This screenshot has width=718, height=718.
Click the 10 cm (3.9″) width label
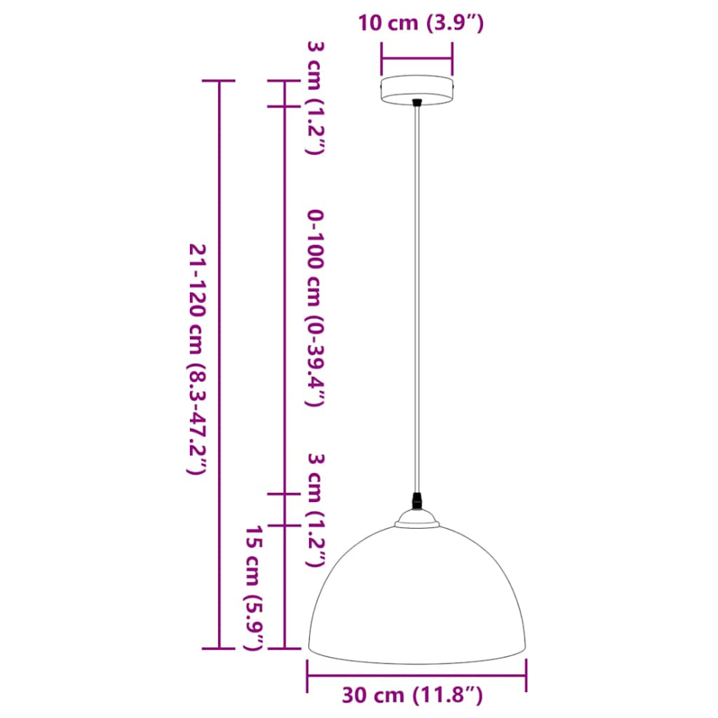tap(420, 23)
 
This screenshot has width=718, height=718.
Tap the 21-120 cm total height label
tap(196, 359)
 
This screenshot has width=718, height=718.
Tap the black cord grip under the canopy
tap(417, 103)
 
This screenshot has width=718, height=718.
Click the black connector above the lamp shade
tap(417, 502)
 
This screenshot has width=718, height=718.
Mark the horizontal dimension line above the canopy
tap(417, 56)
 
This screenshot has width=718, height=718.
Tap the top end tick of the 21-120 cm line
tap(221, 81)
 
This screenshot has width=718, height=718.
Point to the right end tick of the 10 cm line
tap(452, 56)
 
